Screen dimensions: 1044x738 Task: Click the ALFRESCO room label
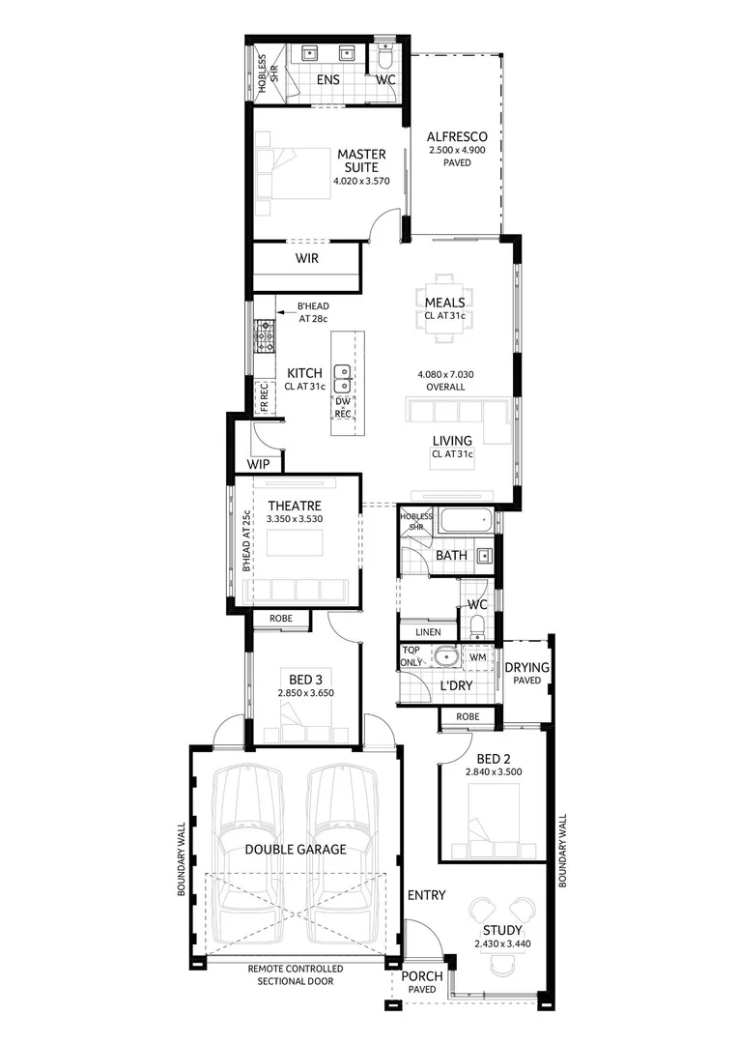coord(458,137)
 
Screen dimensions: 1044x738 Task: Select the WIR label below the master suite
coord(306,259)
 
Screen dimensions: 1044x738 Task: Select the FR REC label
coord(263,398)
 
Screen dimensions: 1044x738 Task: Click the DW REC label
coord(343,407)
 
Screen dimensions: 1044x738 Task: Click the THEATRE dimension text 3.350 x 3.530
coord(295,520)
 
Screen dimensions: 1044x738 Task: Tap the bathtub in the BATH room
coord(465,523)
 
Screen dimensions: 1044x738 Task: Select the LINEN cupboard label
coord(428,632)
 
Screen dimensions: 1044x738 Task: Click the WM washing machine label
coord(477,658)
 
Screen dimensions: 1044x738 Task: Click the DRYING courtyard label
coord(526,667)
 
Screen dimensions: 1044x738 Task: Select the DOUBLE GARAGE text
coord(295,850)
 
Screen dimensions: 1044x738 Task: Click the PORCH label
coord(422,975)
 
